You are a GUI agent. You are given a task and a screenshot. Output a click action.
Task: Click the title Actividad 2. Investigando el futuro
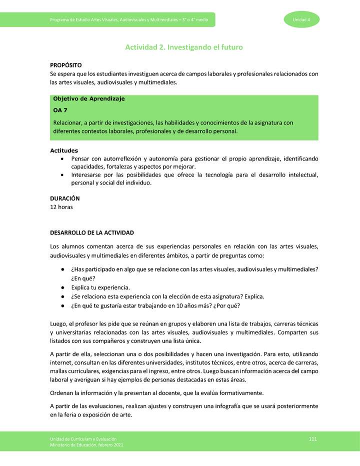click(x=183, y=47)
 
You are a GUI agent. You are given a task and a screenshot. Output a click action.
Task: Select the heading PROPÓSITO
click(x=66, y=65)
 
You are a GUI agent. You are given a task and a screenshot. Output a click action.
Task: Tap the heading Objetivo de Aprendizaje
click(x=88, y=98)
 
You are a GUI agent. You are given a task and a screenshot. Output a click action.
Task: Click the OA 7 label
click(x=60, y=110)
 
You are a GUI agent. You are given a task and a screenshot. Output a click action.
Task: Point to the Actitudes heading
click(x=64, y=150)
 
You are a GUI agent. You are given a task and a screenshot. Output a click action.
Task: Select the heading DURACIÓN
click(x=65, y=198)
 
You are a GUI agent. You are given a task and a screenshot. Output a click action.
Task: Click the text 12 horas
click(x=61, y=207)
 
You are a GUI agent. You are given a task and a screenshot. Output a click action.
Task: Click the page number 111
click(x=313, y=438)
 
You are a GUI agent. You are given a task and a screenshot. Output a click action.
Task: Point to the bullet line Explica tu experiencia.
click(x=100, y=287)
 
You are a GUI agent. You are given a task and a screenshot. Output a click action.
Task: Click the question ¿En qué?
click(x=83, y=278)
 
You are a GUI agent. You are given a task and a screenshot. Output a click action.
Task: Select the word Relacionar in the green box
click(x=67, y=122)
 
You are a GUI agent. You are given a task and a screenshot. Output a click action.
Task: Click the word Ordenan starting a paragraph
click(x=63, y=392)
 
